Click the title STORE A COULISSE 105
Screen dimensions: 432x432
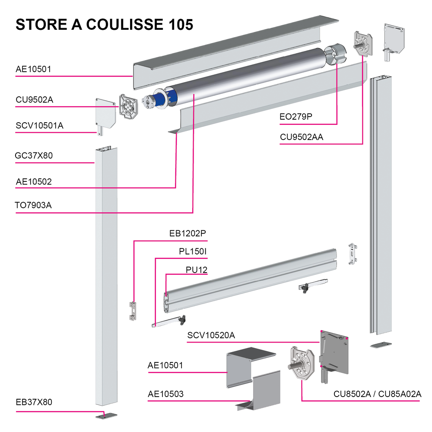coord(104,24)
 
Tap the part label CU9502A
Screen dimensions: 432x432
coord(35,100)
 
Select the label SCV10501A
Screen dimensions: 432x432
coord(40,126)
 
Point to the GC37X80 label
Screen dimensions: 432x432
coord(34,156)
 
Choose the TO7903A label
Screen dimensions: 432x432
coord(34,205)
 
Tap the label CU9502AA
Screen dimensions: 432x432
coord(302,137)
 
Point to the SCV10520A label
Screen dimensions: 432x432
coord(211,335)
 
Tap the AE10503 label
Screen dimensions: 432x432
coord(165,394)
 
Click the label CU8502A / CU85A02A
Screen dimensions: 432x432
coord(377,394)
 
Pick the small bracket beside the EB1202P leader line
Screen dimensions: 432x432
coord(133,311)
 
